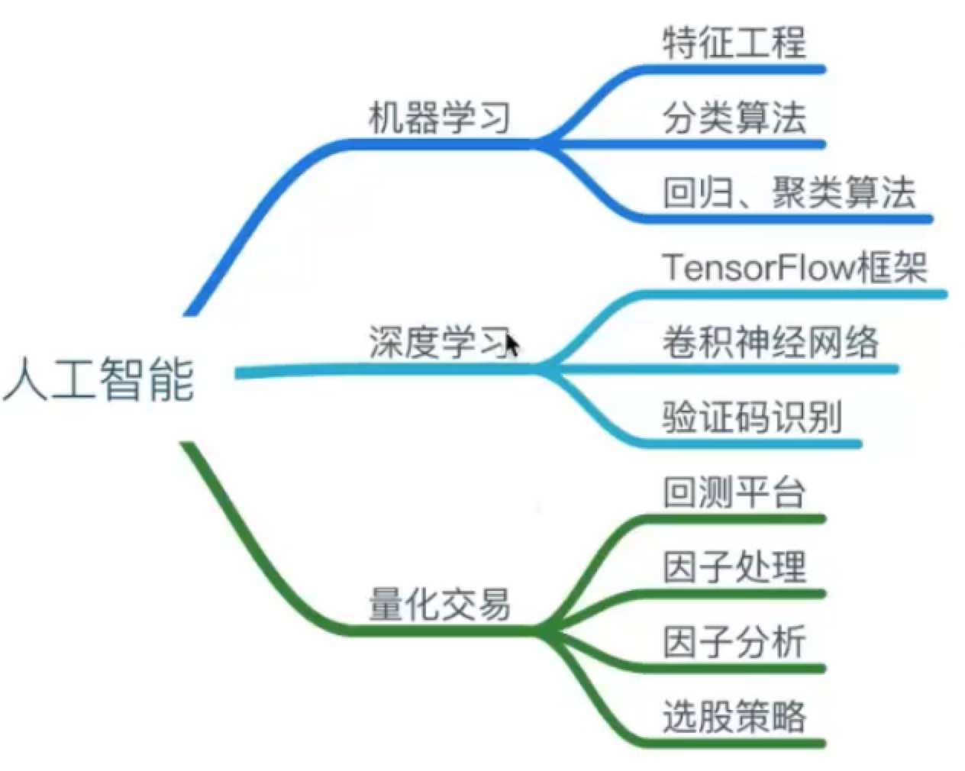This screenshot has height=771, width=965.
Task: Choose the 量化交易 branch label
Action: (439, 605)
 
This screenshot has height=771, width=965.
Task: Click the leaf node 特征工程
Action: (734, 42)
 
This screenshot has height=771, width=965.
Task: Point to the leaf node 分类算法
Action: (734, 118)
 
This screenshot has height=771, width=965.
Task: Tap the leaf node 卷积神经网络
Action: (770, 342)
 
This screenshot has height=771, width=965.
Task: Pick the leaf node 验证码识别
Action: (752, 417)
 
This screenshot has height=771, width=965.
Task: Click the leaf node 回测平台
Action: (734, 492)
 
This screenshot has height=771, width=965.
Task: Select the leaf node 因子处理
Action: (734, 567)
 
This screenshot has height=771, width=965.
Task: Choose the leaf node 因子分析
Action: (734, 642)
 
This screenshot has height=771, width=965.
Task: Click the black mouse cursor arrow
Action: (512, 345)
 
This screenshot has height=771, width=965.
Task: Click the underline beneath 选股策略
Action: (733, 743)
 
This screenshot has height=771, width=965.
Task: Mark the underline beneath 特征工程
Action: (733, 69)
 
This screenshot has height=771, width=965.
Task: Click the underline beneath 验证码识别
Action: (752, 443)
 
